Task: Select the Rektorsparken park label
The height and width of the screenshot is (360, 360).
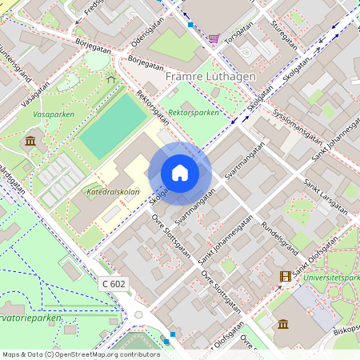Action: tap(194, 113)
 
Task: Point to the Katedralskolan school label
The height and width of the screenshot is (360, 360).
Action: tap(112, 192)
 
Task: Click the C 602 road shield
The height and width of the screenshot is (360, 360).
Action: tap(114, 284)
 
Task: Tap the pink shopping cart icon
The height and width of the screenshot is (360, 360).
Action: tap(214, 38)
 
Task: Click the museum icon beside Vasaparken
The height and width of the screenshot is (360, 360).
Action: tap(30, 142)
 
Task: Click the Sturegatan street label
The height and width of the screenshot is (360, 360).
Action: tap(283, 36)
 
